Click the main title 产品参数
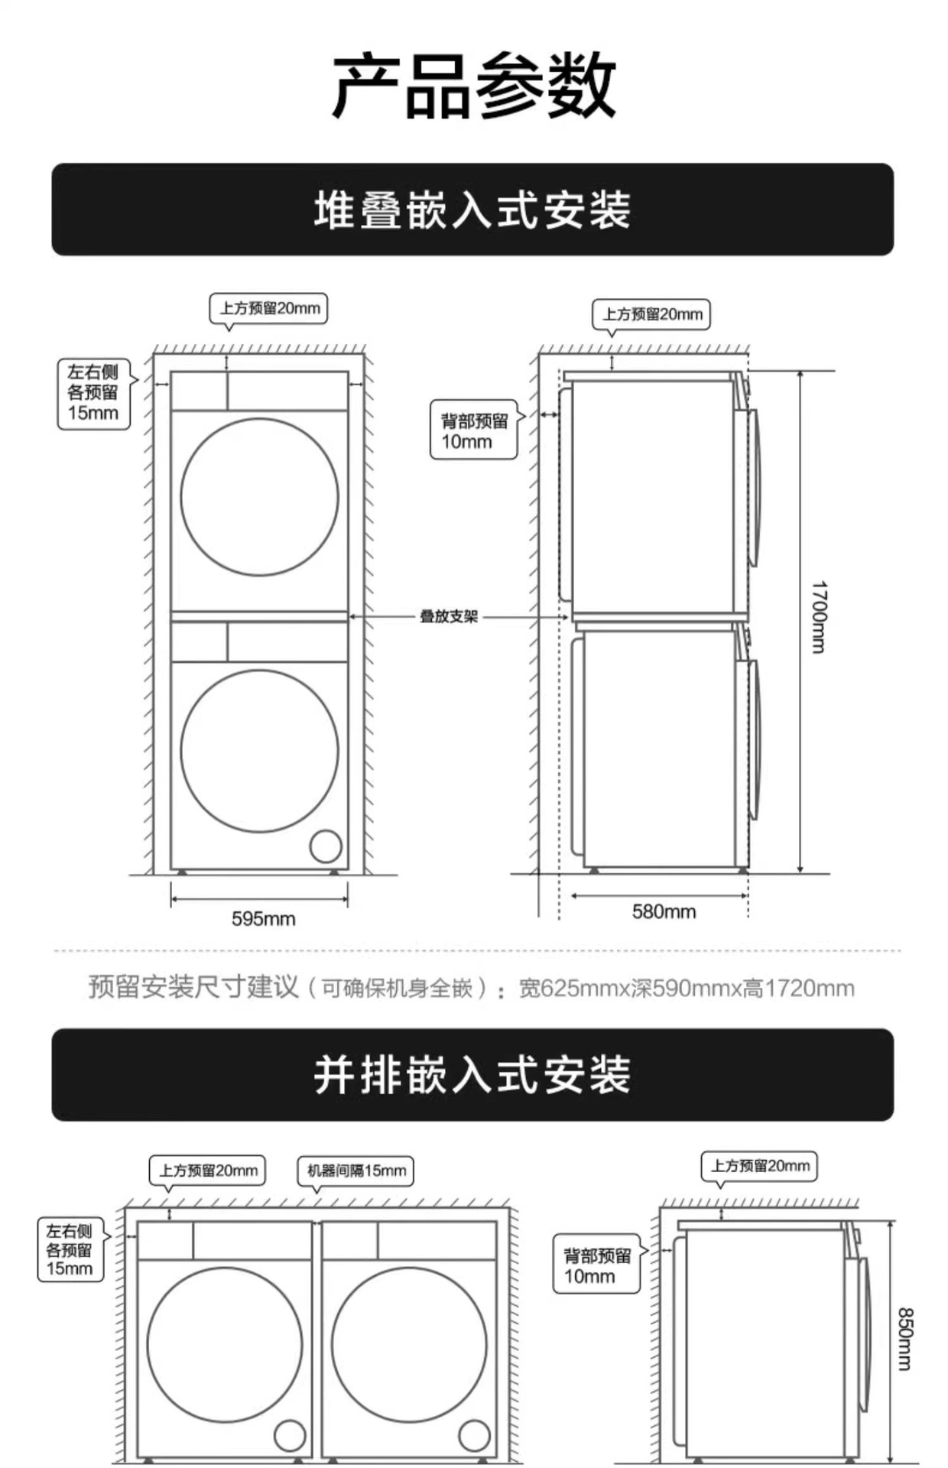click(x=473, y=86)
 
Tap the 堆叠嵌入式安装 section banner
click(x=472, y=209)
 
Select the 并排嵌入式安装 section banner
click(x=472, y=1074)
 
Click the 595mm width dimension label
click(x=263, y=918)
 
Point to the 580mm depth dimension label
click(x=664, y=911)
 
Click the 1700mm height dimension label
click(x=819, y=617)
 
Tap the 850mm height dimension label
click(x=904, y=1339)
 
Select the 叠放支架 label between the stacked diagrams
click(x=449, y=616)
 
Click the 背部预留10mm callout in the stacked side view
click(x=474, y=430)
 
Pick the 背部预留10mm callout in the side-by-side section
click(x=596, y=1265)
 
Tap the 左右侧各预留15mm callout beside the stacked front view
click(x=93, y=393)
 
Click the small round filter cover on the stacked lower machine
click(x=326, y=846)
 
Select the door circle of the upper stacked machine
click(x=260, y=497)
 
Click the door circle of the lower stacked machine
click(x=260, y=750)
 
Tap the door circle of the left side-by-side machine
click(x=224, y=1345)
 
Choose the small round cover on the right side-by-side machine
click(x=474, y=1435)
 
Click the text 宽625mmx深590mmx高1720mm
click(x=686, y=988)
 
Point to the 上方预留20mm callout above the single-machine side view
click(x=760, y=1166)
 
